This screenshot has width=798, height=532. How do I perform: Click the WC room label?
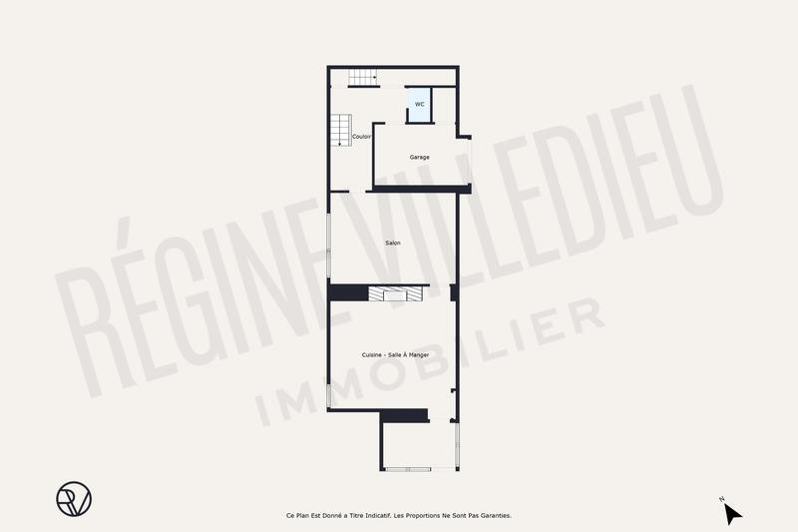[419, 104]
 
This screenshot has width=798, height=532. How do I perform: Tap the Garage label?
[419, 157]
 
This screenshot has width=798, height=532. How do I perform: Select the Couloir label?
[362, 136]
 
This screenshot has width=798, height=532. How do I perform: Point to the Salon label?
[393, 243]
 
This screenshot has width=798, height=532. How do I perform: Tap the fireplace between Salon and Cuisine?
[395, 292]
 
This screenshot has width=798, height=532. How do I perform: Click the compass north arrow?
[732, 512]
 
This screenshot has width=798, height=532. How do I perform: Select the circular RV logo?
[73, 498]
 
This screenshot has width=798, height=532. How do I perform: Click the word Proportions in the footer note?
[426, 515]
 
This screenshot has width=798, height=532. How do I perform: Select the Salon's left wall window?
[329, 246]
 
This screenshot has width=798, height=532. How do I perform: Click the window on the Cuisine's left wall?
[329, 389]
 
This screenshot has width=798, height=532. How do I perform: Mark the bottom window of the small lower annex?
[420, 468]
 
